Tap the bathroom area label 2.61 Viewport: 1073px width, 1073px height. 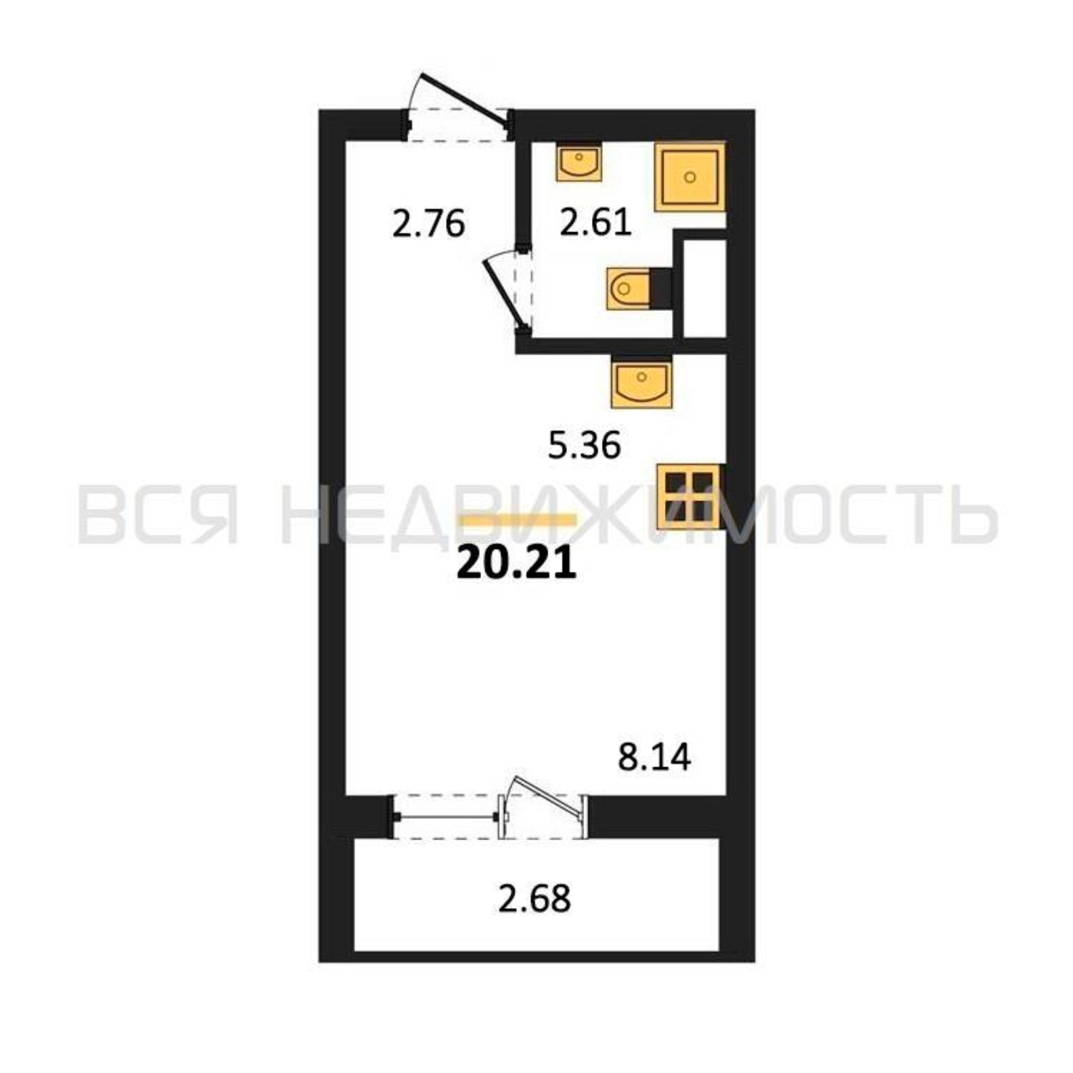pos(596,223)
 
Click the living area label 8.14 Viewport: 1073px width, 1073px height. pos(655,757)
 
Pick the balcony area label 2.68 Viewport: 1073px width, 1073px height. pos(534,899)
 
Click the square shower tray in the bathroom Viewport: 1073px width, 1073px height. pos(690,177)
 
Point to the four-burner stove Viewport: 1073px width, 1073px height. pos(689,496)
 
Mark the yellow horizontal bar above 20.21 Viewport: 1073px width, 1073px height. pos(519,519)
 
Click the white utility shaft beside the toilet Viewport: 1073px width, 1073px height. pos(704,289)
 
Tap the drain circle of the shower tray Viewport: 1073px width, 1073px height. pos(690,177)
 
